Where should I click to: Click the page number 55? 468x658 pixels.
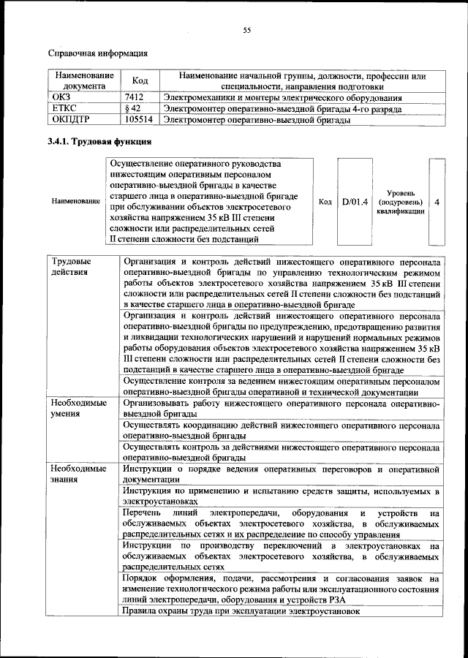pyautogui.click(x=246, y=30)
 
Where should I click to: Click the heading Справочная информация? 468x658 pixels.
pyautogui.click(x=97, y=53)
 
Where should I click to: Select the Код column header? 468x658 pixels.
pyautogui.click(x=140, y=80)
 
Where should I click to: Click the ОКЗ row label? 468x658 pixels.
pyautogui.click(x=59, y=97)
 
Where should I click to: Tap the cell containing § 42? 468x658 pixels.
pyautogui.click(x=132, y=108)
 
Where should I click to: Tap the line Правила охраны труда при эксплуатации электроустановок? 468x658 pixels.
pyautogui.click(x=242, y=610)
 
